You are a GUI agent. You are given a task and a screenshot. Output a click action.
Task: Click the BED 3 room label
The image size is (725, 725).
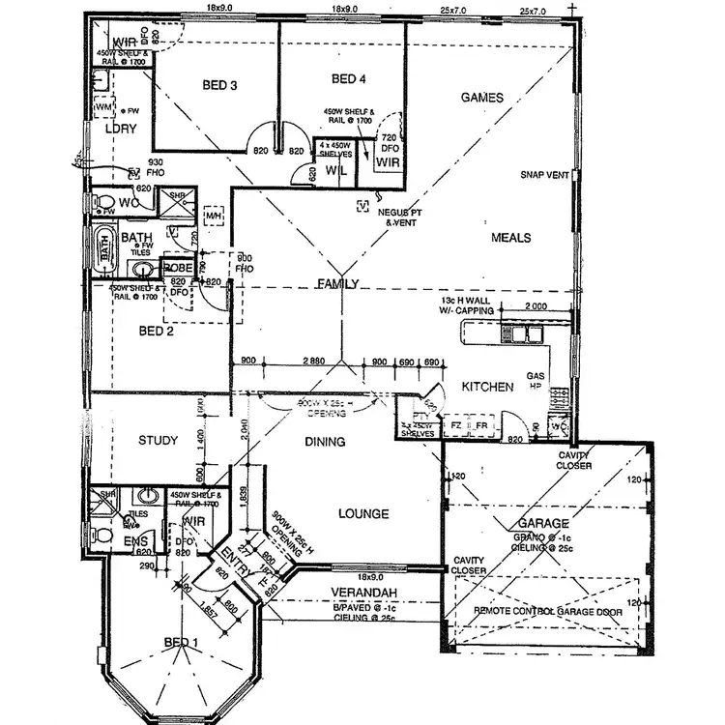(220, 86)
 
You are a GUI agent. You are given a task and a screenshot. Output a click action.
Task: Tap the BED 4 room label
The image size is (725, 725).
(349, 78)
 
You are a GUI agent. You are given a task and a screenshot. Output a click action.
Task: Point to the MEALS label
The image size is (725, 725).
(511, 237)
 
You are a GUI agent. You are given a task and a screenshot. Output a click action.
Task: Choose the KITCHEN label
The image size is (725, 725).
(487, 387)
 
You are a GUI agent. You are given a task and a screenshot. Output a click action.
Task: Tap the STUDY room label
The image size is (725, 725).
(158, 442)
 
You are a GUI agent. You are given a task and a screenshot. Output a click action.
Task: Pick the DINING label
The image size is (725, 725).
(325, 442)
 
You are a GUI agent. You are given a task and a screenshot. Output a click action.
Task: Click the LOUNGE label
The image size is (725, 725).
(363, 514)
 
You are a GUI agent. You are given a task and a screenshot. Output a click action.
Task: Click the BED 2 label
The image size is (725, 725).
(156, 331)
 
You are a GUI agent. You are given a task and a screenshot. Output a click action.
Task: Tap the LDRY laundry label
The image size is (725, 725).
(122, 128)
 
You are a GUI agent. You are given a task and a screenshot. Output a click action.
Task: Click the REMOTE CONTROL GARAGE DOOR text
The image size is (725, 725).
(547, 612)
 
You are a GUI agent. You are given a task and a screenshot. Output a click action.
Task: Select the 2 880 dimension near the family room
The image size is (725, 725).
(312, 360)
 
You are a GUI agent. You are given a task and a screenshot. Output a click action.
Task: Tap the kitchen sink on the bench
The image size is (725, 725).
(527, 334)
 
